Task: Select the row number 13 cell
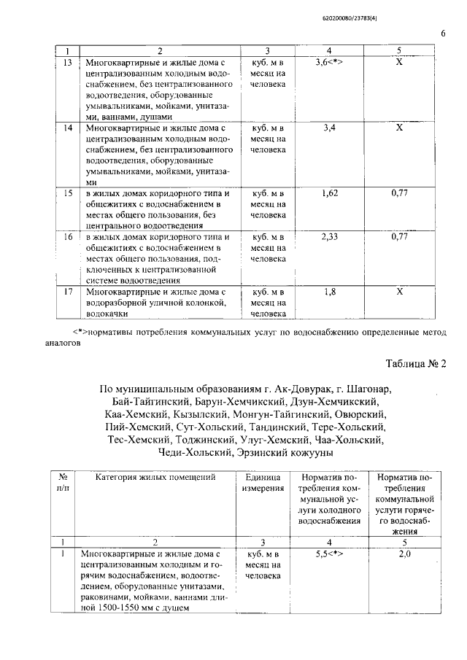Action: click(68, 63)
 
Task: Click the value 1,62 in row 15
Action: click(329, 193)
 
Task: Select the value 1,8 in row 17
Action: click(329, 292)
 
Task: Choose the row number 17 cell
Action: click(68, 292)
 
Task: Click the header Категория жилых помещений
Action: click(155, 478)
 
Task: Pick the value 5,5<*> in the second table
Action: click(328, 554)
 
